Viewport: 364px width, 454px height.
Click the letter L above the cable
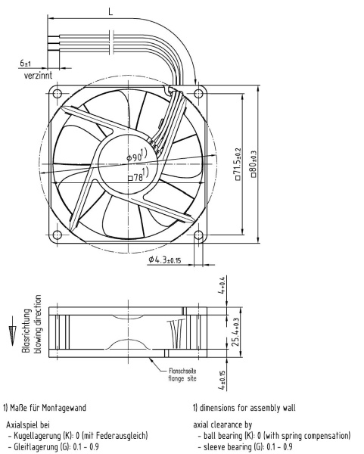click(x=110, y=11)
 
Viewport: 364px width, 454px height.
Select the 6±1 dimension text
click(x=26, y=63)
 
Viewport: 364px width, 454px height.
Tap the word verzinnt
click(x=39, y=76)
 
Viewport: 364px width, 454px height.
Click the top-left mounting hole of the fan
click(x=58, y=93)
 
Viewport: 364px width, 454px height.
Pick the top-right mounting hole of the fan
click(x=198, y=94)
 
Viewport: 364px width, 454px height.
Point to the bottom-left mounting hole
click(x=58, y=235)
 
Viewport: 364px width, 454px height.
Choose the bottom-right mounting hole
click(x=198, y=235)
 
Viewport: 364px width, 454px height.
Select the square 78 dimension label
click(x=138, y=175)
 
